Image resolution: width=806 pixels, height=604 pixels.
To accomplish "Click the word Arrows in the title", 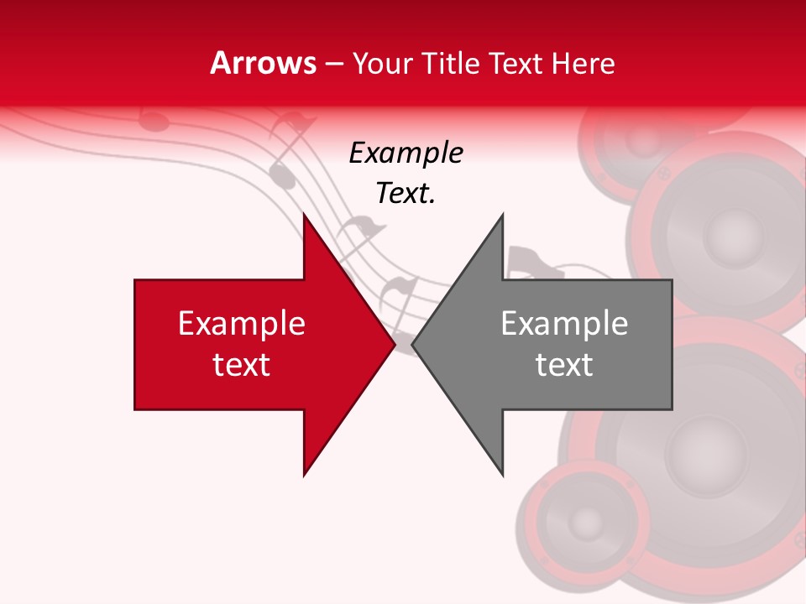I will point(264,64).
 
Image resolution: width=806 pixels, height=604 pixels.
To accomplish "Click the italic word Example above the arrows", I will point(406,154).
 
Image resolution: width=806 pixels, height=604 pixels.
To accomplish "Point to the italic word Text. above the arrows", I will point(406,194).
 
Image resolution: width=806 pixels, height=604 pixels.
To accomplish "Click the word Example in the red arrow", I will point(242,324).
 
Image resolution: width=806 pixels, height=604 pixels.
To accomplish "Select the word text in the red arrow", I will point(242,365).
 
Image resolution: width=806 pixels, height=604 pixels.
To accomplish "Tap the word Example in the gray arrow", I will point(564,324).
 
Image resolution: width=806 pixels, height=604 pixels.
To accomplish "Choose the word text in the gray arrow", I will point(564,365).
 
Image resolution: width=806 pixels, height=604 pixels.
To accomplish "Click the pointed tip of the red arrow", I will point(395,345).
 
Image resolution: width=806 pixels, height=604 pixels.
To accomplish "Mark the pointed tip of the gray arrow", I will point(412,345).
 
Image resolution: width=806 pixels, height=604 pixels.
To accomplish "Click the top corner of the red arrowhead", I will point(304,215).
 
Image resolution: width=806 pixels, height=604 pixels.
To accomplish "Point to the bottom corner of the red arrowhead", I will point(304,476).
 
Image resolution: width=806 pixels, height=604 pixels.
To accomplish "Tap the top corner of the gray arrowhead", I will point(503,215).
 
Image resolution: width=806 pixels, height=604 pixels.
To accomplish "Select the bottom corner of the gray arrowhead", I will point(503,476).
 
